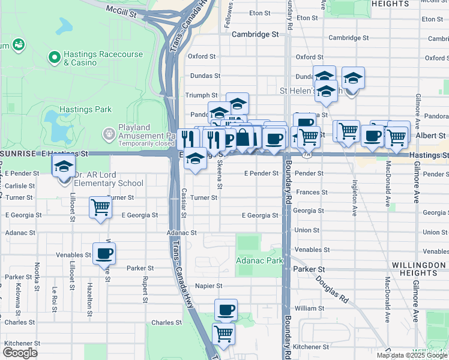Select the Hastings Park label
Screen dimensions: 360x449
point(73,109)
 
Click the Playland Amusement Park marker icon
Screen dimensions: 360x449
point(109,133)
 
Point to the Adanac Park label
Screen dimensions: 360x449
point(259,261)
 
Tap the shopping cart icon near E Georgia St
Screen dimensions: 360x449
point(100,208)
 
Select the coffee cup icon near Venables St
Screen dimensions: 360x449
point(104,253)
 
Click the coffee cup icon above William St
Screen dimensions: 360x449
point(226,310)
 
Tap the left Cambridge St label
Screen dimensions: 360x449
point(256,35)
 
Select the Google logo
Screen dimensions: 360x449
point(20,353)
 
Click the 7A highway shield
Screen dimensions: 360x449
point(307,154)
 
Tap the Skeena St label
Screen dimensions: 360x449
point(219,173)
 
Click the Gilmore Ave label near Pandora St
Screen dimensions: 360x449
point(416,109)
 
